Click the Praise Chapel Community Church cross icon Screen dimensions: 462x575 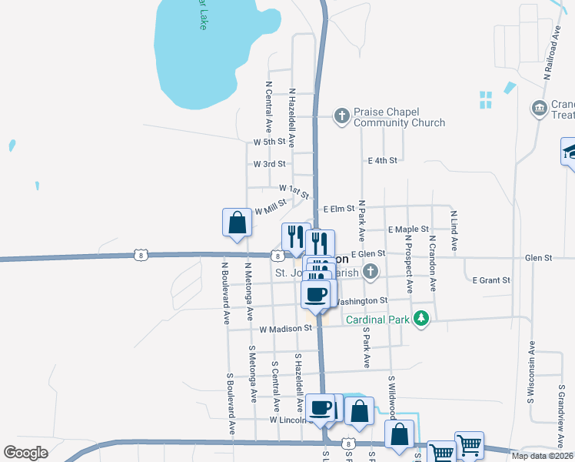[x=341, y=116]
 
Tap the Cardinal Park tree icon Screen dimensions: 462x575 [x=420, y=319]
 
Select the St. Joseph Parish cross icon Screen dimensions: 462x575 [x=371, y=271]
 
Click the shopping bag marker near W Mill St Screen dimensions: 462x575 [x=237, y=223]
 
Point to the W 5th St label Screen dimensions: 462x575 [x=269, y=142]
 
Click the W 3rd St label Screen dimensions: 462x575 [x=269, y=164]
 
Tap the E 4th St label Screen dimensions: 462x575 [x=382, y=160]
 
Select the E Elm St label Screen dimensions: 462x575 [x=339, y=209]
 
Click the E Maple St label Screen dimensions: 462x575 [x=408, y=229]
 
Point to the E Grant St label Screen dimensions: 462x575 [x=490, y=280]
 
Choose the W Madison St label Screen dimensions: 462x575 [x=285, y=329]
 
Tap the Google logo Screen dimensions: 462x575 [x=25, y=453]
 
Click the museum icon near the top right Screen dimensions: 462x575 [x=538, y=109]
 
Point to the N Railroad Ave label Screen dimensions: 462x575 [x=550, y=55]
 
